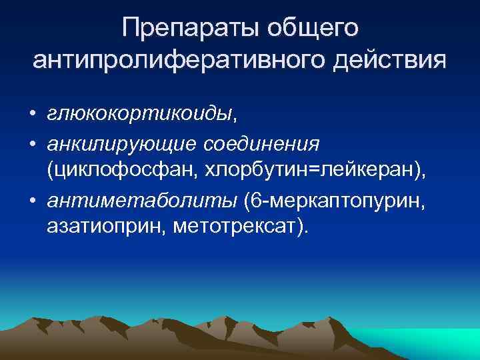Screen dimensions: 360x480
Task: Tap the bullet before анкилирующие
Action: click(32, 145)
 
